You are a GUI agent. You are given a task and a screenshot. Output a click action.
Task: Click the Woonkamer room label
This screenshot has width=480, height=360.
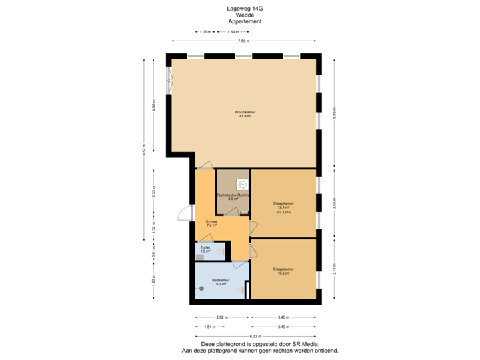(245, 114)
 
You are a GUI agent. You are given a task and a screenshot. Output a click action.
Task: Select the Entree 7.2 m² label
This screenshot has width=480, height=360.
(212, 223)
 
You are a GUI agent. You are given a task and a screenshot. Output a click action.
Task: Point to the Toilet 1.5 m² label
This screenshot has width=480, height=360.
(205, 249)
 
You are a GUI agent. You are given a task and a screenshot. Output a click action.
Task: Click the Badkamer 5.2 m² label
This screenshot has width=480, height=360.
(221, 282)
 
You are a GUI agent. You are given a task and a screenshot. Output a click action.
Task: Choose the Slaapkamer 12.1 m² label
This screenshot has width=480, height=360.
(283, 205)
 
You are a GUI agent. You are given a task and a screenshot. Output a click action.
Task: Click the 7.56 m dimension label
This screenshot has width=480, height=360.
(244, 41)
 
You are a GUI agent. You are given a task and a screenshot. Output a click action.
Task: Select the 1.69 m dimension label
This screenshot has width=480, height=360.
(233, 32)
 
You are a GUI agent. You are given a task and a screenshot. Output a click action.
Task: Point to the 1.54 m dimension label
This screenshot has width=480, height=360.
(209, 327)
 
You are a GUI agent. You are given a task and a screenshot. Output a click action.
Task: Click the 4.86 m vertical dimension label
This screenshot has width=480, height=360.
(153, 107)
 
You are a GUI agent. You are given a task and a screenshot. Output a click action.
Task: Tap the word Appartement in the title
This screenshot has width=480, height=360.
(240, 21)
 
